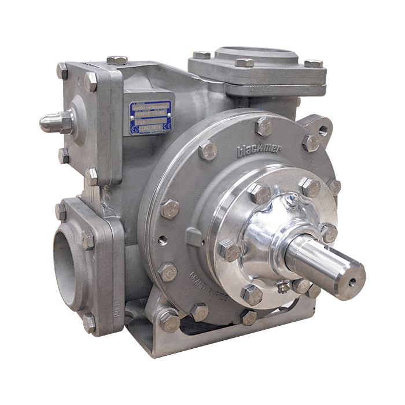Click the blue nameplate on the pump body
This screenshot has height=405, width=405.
coord(150,113)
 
